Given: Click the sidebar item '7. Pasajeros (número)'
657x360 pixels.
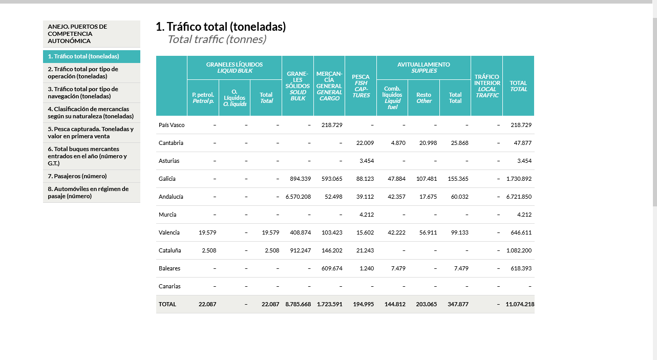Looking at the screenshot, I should click(77, 176).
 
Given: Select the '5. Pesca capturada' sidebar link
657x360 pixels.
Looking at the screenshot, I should click(91, 133).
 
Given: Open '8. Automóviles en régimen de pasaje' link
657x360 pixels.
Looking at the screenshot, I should click(88, 193).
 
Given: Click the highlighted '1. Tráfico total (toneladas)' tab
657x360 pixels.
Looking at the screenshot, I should click(83, 56).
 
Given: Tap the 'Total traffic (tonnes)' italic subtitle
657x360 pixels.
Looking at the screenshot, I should click(217, 39).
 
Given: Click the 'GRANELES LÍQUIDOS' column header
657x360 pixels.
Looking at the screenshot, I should click(235, 68).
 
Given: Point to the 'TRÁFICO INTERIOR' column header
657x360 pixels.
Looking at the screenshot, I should click(486, 86).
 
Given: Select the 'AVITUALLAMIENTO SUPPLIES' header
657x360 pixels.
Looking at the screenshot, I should click(423, 68).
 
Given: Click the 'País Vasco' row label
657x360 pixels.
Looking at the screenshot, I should click(172, 125).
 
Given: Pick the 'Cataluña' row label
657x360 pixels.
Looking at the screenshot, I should click(170, 250).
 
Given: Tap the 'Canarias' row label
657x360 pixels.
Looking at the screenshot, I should click(169, 286).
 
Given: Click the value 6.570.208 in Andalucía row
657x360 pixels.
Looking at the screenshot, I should click(298, 197).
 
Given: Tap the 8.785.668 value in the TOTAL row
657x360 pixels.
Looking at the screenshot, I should click(298, 304).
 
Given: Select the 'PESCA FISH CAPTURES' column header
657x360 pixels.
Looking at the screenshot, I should click(361, 86).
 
